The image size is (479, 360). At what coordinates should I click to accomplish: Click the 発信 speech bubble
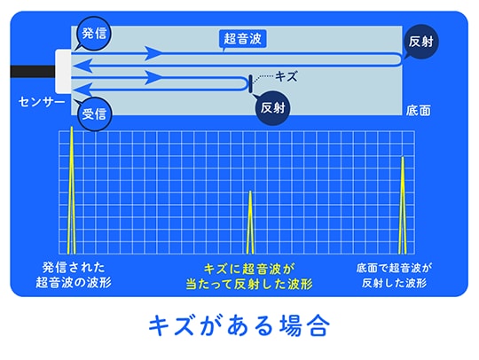click(93, 34)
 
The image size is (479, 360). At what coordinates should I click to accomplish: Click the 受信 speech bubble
click(95, 113)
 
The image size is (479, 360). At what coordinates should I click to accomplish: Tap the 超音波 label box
click(243, 39)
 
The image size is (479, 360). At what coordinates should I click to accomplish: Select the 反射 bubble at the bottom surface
click(421, 42)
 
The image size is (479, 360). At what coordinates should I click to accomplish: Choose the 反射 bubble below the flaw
click(272, 108)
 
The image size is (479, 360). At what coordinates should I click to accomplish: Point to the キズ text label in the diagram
click(286, 76)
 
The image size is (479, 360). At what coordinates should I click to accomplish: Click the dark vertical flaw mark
click(250, 83)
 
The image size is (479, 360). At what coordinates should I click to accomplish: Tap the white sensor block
click(63, 72)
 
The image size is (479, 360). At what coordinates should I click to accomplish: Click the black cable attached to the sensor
click(33, 72)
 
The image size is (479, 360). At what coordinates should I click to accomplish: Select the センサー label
click(42, 102)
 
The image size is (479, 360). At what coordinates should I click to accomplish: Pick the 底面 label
click(418, 111)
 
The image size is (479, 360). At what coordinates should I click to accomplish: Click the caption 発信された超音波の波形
click(74, 275)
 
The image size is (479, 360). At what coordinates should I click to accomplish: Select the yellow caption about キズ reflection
click(249, 277)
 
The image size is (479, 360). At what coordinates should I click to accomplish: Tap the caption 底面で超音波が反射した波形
click(394, 276)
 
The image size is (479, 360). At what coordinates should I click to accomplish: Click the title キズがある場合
click(239, 325)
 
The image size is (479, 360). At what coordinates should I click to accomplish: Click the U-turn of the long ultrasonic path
click(400, 59)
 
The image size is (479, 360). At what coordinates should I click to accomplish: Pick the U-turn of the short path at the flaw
click(247, 83)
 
